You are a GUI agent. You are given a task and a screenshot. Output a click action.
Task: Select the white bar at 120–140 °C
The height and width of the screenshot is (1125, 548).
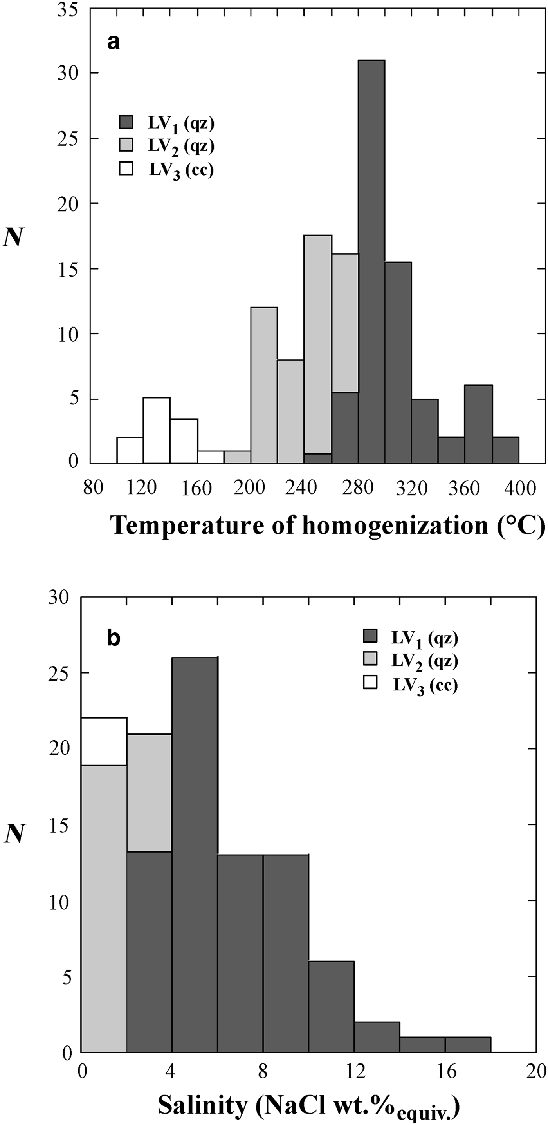click(157, 430)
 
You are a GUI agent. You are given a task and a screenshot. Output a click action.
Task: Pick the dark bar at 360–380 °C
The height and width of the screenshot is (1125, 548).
click(478, 424)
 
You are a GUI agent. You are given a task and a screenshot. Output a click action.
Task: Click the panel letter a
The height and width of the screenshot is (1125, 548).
click(114, 43)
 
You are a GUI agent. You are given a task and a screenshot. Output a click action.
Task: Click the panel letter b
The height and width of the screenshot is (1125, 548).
click(114, 638)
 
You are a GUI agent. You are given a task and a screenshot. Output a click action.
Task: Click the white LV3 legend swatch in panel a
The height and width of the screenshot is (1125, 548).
click(126, 168)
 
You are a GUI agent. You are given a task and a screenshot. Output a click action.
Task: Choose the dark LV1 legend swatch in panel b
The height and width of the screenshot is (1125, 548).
click(370, 638)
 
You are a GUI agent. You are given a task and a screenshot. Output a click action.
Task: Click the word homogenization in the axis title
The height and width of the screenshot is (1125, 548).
click(395, 525)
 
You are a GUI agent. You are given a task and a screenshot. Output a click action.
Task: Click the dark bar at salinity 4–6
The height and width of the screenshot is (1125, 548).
click(195, 851)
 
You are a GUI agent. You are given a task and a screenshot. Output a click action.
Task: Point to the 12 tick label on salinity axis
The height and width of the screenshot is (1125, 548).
click(354, 1072)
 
